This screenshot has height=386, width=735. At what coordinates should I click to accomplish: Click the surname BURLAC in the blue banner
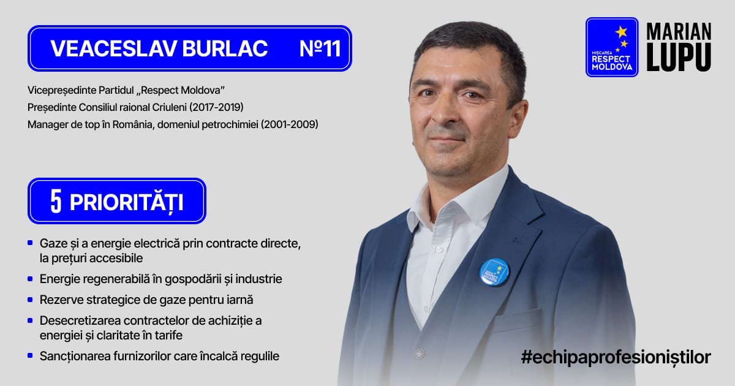pyautogui.click(x=225, y=48)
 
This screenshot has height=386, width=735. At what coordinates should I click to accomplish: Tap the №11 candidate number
pyautogui.click(x=320, y=48)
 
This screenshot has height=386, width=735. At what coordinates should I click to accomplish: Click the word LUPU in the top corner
pyautogui.click(x=679, y=57)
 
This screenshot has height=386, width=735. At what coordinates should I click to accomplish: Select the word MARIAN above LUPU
pyautogui.click(x=679, y=31)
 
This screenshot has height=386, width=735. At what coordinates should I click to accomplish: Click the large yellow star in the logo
pyautogui.click(x=621, y=32)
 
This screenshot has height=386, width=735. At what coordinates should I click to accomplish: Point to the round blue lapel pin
pyautogui.click(x=494, y=272)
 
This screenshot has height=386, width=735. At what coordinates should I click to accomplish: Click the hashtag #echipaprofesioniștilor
pyautogui.click(x=616, y=357)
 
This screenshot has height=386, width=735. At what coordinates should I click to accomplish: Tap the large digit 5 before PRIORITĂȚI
pyautogui.click(x=56, y=201)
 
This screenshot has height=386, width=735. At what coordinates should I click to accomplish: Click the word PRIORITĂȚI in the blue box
pyautogui.click(x=126, y=202)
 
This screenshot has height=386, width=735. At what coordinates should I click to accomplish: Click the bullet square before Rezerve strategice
pyautogui.click(x=30, y=300)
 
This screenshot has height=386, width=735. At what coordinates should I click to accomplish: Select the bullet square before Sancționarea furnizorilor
pyautogui.click(x=30, y=355)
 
